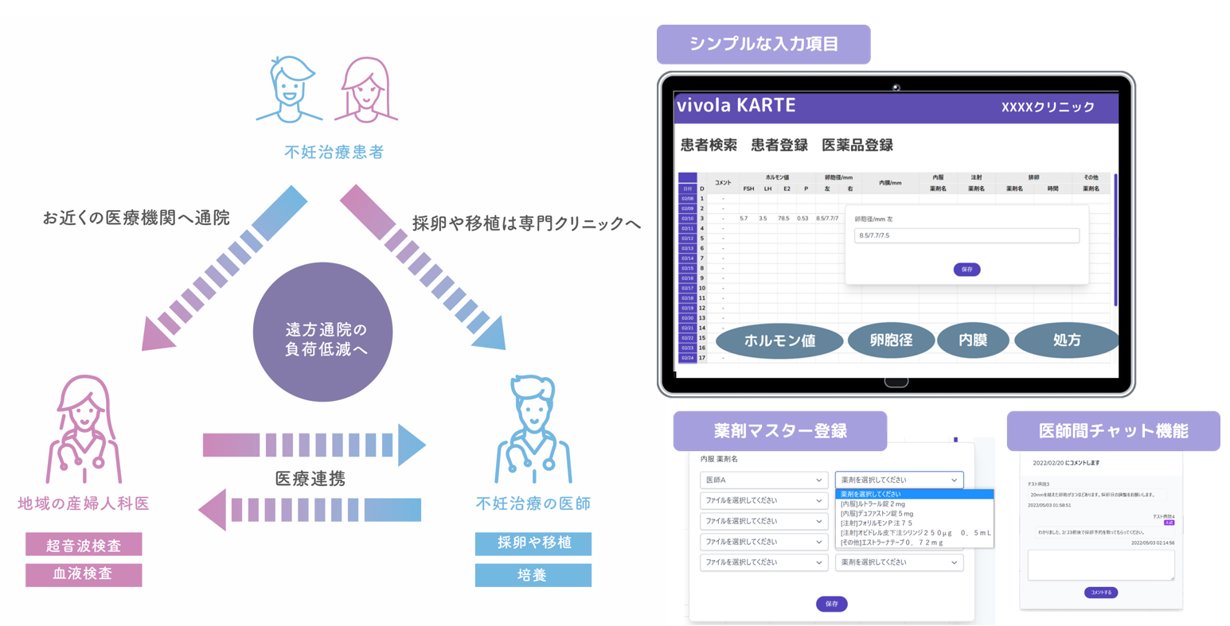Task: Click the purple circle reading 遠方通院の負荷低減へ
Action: click(x=322, y=332)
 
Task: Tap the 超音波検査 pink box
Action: click(x=84, y=545)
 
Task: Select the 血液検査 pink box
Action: click(x=84, y=574)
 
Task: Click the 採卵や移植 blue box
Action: click(x=533, y=543)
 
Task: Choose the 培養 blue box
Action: click(x=533, y=574)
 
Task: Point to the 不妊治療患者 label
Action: click(x=334, y=152)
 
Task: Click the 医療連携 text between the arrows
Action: click(x=310, y=478)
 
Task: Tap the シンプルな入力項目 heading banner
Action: click(x=763, y=45)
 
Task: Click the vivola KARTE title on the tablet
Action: click(x=736, y=106)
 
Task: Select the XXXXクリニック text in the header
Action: click(x=1048, y=107)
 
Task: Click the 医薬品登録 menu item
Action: click(x=857, y=146)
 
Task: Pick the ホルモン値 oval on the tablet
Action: click(x=779, y=341)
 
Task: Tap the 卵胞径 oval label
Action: click(x=891, y=340)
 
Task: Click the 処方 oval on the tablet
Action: click(x=1066, y=340)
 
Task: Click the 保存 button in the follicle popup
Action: click(x=966, y=270)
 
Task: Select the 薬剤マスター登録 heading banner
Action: click(x=779, y=431)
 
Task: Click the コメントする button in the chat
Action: click(x=1101, y=593)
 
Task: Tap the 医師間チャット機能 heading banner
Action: click(x=1113, y=431)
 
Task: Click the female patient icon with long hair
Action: click(x=366, y=89)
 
